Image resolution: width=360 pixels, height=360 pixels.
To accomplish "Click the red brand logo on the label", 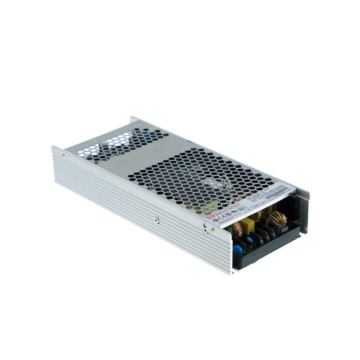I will click(x=208, y=217).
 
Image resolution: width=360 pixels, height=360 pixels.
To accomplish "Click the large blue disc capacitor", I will click(x=238, y=250).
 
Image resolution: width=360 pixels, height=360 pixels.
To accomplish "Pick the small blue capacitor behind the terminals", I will click(x=250, y=240).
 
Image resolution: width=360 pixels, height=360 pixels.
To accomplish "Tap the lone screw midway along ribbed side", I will click(x=156, y=220).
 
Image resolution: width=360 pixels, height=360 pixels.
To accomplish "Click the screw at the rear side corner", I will click(x=63, y=155).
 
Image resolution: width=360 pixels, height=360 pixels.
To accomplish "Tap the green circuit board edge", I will click(x=230, y=231).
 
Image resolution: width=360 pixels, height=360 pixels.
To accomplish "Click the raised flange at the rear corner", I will click(x=134, y=120).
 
